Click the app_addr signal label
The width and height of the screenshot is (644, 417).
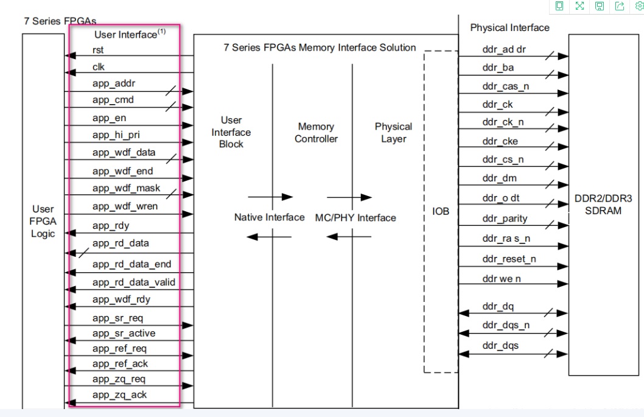point(113,83)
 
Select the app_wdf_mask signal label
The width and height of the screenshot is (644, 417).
point(126,187)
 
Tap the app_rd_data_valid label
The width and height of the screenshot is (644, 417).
point(133,282)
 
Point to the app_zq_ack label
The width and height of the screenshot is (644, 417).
point(119,394)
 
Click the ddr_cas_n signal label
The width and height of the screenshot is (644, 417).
point(505,86)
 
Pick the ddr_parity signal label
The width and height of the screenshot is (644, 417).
point(505,219)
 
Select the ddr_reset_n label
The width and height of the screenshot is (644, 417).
point(509,259)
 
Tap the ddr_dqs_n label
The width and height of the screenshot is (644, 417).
point(505,325)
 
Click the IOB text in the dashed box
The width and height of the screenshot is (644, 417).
point(441,211)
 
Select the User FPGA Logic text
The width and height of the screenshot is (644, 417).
point(43,222)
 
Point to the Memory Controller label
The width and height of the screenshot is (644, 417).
point(316,133)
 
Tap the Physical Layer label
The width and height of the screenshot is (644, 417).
point(393,133)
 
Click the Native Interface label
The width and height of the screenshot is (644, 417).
point(269,217)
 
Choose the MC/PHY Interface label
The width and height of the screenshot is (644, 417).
point(355,217)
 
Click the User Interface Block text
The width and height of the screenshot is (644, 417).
point(231,132)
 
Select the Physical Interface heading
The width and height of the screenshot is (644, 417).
point(509,27)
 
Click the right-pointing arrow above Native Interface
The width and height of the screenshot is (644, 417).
point(270,197)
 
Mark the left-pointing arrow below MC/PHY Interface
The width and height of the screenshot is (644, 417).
point(353,236)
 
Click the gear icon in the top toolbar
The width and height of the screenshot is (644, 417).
point(639,6)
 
